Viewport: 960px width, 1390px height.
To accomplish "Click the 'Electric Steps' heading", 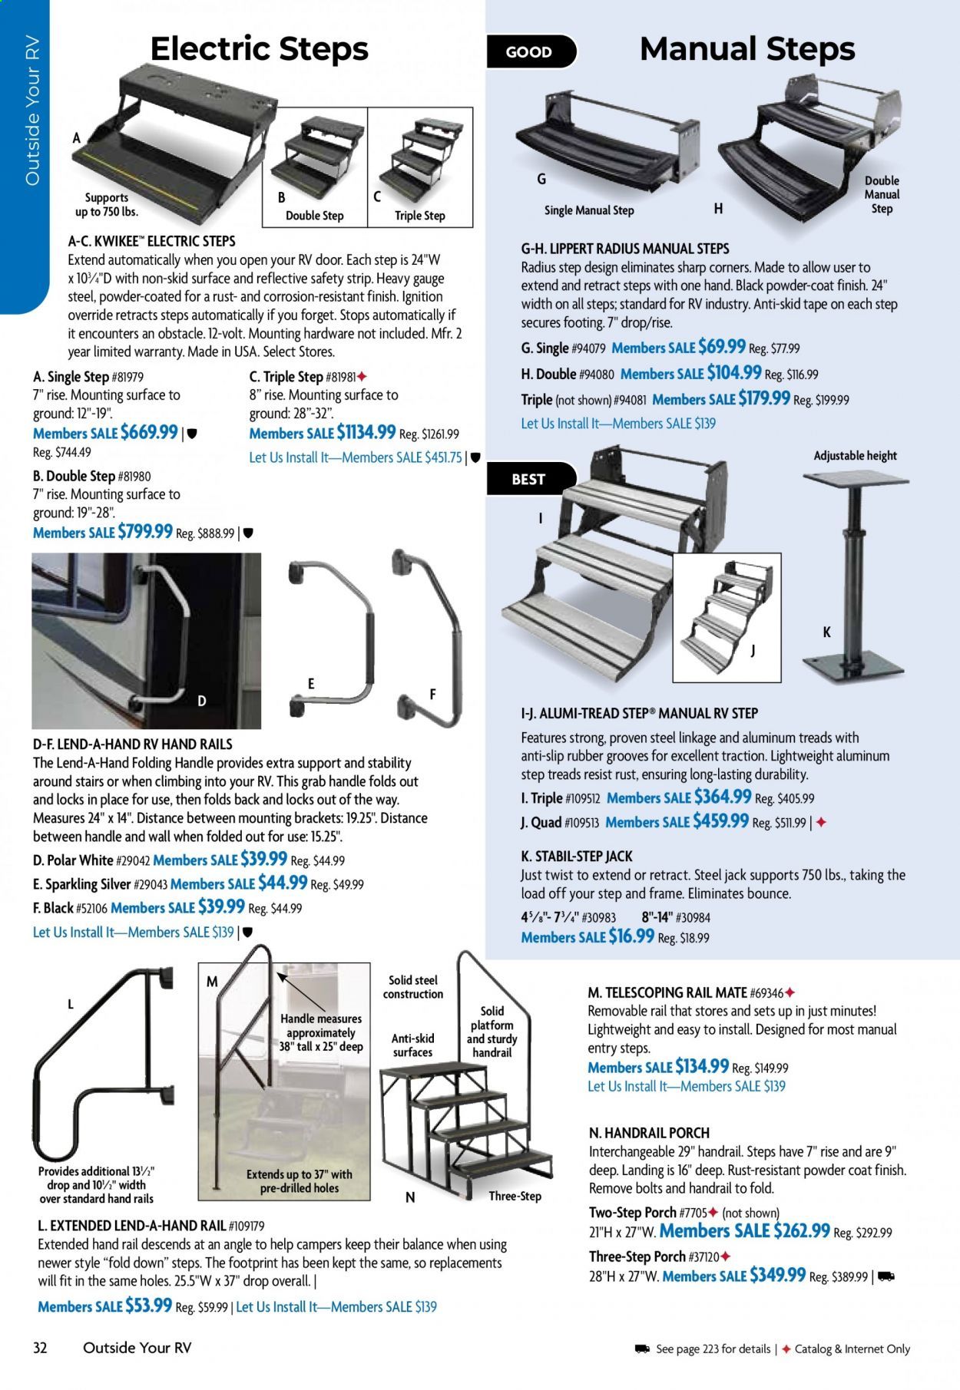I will [259, 48].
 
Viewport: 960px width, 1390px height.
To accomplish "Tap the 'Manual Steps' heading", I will [746, 48].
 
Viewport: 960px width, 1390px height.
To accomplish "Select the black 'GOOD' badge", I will [528, 52].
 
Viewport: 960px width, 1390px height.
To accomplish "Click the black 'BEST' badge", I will [528, 479].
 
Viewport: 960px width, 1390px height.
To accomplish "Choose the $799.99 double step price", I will [144, 532].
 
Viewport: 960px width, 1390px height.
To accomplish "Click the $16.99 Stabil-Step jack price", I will [631, 936].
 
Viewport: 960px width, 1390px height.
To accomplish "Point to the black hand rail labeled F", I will [431, 638].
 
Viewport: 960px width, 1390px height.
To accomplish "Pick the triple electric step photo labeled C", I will [421, 161].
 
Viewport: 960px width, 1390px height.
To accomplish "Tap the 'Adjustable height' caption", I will [855, 456].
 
